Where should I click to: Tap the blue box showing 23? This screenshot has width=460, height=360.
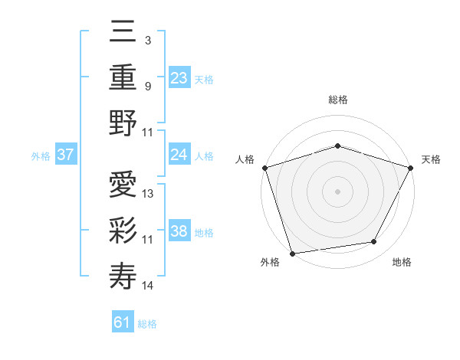[179, 78]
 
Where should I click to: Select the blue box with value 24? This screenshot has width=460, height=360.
[179, 155]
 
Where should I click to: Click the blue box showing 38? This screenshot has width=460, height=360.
[179, 231]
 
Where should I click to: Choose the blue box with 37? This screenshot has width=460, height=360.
[66, 155]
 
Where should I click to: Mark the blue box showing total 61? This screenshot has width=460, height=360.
[123, 322]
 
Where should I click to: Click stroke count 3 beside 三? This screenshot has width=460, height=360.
[148, 40]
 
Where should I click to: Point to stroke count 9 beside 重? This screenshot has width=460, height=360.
[148, 86]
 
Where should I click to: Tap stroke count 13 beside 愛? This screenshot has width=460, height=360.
[149, 193]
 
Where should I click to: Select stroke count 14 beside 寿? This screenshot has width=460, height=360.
[149, 286]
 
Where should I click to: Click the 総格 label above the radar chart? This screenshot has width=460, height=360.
[337, 100]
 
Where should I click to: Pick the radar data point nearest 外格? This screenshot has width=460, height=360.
[292, 253]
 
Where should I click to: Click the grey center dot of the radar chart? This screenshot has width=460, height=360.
[337, 191]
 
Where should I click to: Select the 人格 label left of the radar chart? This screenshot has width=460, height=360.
[245, 159]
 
